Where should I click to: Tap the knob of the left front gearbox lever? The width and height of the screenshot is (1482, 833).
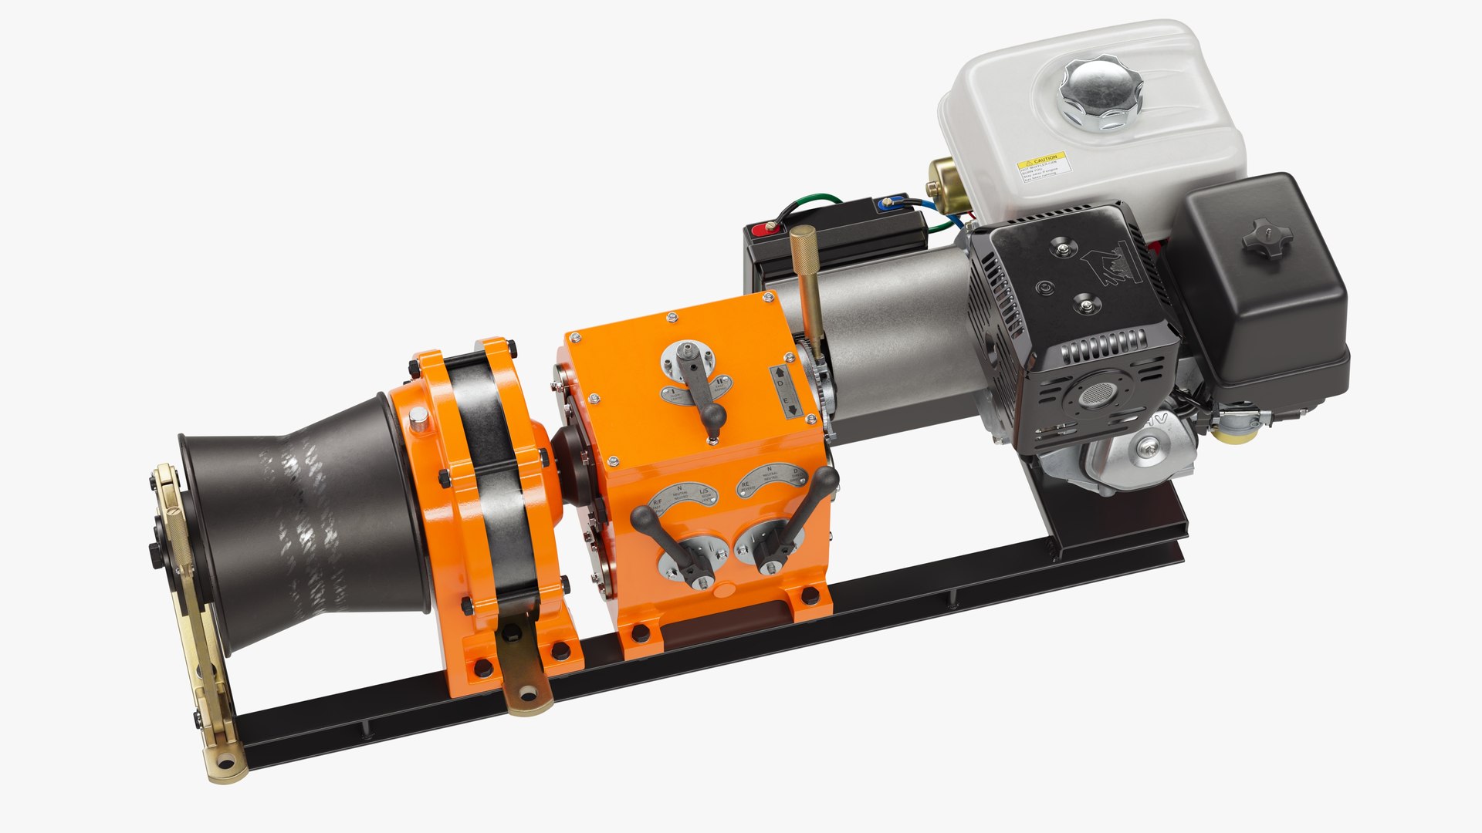pos(643,519)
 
